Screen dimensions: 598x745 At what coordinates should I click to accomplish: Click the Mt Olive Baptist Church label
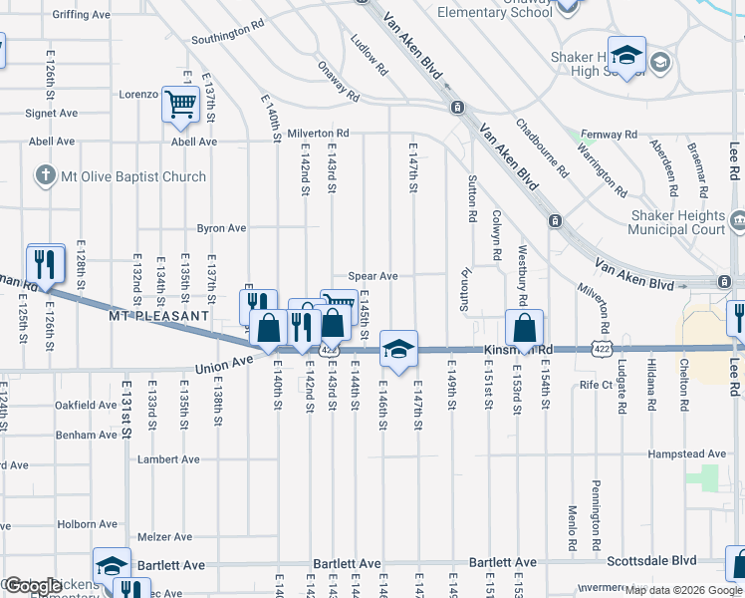[x=133, y=177]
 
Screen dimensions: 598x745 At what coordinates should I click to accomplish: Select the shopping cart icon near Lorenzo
[x=180, y=104]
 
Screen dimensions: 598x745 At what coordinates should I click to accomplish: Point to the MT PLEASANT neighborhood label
[x=159, y=315]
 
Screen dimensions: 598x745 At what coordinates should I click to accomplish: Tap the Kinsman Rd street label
[x=519, y=350]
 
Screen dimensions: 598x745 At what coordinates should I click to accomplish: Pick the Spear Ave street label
[x=373, y=276]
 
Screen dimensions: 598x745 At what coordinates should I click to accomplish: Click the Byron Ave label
[x=221, y=228]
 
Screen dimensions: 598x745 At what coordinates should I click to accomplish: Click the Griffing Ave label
[x=81, y=15]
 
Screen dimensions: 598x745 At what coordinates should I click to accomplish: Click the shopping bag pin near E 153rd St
[x=524, y=328]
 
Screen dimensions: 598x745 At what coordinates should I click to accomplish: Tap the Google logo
[x=32, y=586]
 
